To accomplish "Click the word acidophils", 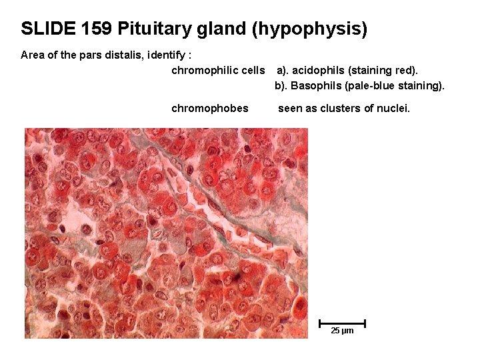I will pyautogui.click(x=319, y=70).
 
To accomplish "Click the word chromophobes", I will pyautogui.click(x=210, y=108).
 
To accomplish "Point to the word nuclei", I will pyautogui.click(x=393, y=108).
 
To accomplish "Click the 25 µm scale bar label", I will pyautogui.click(x=342, y=331).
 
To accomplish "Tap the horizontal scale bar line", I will pyautogui.click(x=342, y=323).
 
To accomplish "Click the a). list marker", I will pyautogui.click(x=283, y=70).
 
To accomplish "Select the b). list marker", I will pyautogui.click(x=281, y=85).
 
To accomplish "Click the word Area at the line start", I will pyautogui.click(x=32, y=55).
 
